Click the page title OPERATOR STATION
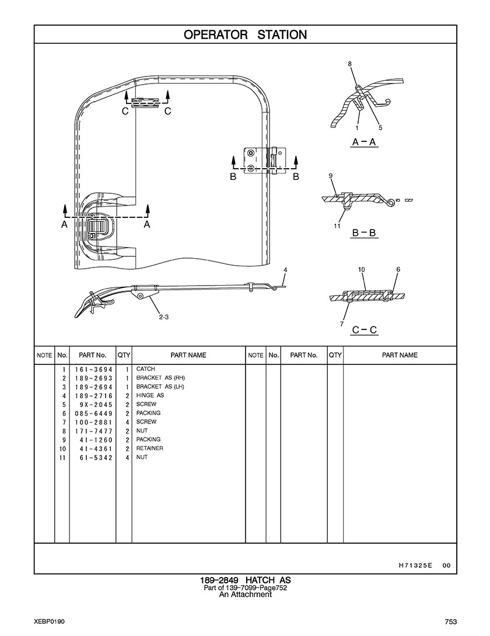click(x=245, y=35)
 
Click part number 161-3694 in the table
click(x=93, y=370)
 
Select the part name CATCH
click(x=145, y=369)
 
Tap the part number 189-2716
click(x=93, y=396)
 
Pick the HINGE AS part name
click(x=150, y=395)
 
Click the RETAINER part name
click(x=149, y=448)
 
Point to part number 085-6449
click(x=93, y=413)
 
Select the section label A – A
click(x=365, y=142)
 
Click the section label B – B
click(x=365, y=233)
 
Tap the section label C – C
click(x=365, y=330)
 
